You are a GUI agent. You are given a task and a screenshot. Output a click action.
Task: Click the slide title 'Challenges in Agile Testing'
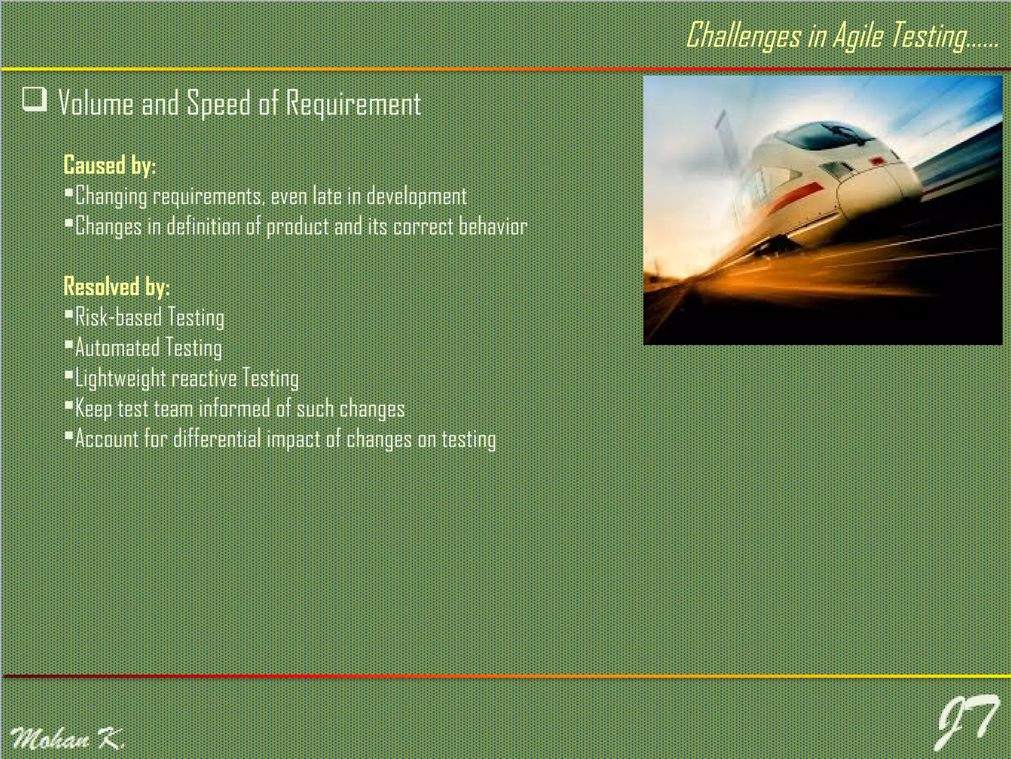click(x=842, y=36)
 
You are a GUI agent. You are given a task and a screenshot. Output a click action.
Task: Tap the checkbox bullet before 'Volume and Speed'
click(x=35, y=99)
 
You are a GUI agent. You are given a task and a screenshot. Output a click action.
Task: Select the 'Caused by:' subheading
click(x=110, y=165)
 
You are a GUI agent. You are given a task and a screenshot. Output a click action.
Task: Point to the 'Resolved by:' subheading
click(x=117, y=286)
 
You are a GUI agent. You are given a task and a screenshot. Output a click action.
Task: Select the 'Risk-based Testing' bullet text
click(x=149, y=317)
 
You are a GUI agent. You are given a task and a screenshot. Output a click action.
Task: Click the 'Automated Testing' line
click(x=148, y=348)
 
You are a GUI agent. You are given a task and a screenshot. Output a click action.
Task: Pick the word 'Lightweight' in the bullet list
click(x=120, y=379)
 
